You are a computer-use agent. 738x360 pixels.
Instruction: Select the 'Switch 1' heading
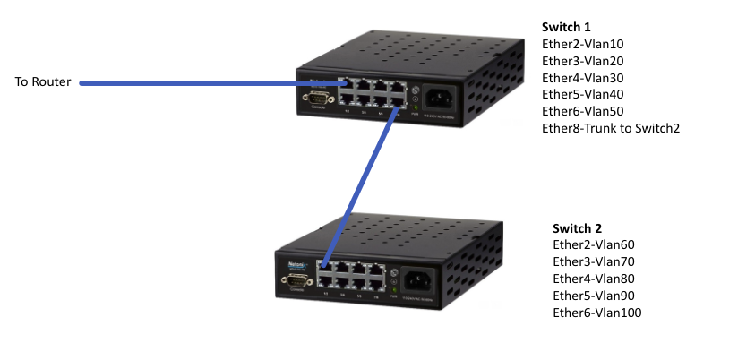[567, 27]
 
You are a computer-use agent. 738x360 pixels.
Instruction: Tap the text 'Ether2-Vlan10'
[583, 44]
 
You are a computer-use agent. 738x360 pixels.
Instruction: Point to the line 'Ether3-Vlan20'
[583, 61]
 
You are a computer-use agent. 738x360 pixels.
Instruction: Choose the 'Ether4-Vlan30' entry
[583, 78]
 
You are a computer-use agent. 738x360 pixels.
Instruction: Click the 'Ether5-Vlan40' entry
[583, 94]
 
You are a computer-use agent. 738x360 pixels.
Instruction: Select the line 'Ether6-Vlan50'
[583, 111]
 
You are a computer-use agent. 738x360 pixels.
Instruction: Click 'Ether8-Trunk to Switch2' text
[611, 128]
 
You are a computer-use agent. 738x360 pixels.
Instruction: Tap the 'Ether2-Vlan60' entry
[594, 244]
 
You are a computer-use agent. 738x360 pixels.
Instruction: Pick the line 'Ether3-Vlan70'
[594, 261]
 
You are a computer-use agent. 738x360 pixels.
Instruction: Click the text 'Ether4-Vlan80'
[594, 279]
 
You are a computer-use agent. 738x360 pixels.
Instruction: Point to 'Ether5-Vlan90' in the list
[594, 295]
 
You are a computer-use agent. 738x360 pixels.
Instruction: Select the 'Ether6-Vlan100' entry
[597, 312]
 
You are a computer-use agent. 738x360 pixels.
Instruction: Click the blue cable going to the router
[206, 83]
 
